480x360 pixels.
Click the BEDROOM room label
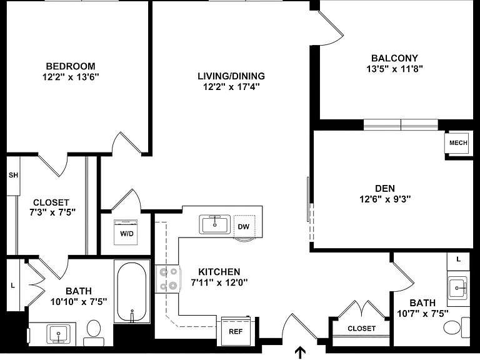pos(71,66)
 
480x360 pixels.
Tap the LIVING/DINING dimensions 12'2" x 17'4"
pos(231,87)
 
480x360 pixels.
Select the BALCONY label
pos(394,58)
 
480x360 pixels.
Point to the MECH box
pos(458,142)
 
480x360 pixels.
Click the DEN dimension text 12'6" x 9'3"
pos(385,199)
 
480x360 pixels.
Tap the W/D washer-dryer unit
pos(126,232)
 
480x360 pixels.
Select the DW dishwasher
pos(244,226)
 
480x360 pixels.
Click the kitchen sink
pos(214,224)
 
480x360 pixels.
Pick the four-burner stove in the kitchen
pos(167,279)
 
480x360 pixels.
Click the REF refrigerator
pos(236,331)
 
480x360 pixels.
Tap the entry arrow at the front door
pos(300,352)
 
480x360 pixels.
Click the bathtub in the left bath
pos(132,292)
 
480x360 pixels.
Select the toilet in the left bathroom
pos(94,332)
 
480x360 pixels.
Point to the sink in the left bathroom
pos(58,334)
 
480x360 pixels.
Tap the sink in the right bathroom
pos(457,287)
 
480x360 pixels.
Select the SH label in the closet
pos(13,175)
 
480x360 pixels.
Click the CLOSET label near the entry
pos(361,329)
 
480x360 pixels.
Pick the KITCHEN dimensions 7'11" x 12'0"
pos(219,282)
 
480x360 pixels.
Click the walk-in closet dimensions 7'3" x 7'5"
pos(52,212)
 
